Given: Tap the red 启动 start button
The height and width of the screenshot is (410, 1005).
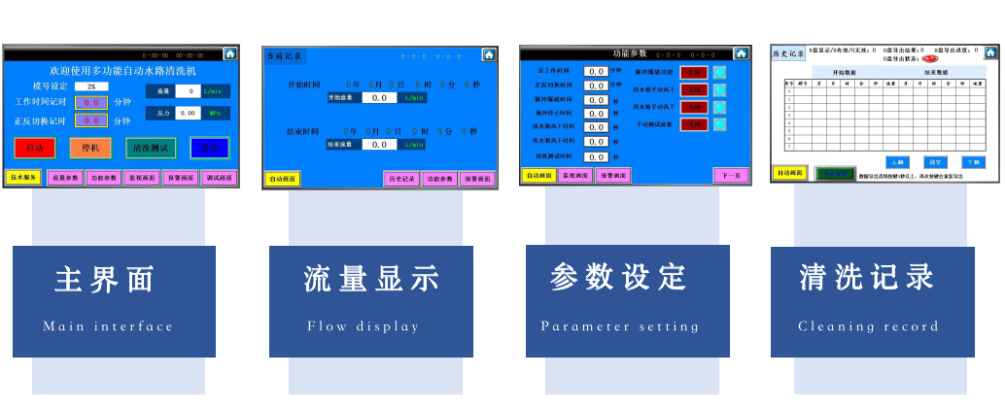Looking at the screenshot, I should click(34, 148).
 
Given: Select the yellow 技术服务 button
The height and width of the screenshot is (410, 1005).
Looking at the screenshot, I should click(23, 178).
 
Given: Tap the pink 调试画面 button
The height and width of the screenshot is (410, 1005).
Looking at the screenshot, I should click(219, 178).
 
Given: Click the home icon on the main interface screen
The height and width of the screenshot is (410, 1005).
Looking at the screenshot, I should click(230, 54).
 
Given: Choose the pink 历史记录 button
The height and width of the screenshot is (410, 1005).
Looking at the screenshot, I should click(400, 179).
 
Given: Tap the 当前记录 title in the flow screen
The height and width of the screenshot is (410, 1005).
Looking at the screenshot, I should click(285, 56).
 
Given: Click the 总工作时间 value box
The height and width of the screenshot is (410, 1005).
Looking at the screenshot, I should click(595, 71).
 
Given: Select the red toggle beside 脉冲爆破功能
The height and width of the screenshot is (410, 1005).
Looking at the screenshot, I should click(693, 72).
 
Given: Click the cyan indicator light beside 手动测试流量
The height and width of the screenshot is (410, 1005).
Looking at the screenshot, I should click(719, 124).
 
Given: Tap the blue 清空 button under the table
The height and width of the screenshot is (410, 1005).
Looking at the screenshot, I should click(935, 161).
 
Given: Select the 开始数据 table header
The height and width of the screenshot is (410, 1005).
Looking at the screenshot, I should click(844, 73).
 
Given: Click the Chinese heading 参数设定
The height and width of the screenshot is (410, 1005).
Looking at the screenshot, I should click(618, 278).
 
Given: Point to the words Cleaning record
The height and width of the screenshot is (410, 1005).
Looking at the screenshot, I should click(868, 326).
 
